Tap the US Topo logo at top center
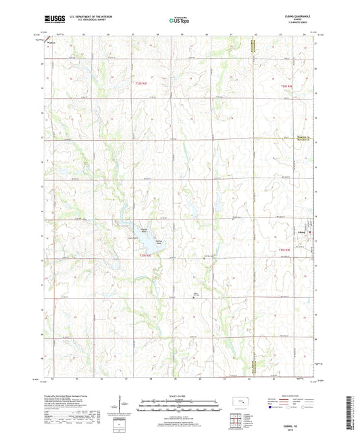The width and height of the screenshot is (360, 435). tap(179, 20)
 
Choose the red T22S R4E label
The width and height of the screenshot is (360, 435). tap(286, 86)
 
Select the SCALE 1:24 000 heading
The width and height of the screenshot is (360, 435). tap(179, 396)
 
